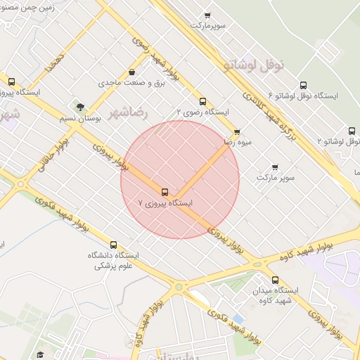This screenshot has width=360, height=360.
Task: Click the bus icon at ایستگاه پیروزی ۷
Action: [165, 192]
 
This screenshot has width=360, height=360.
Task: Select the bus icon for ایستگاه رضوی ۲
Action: [203, 101]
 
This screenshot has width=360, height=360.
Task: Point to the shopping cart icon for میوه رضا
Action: [237, 131]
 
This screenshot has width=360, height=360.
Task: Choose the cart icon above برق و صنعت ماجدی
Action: [133, 72]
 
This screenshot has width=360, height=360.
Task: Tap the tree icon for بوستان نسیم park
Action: [80, 108]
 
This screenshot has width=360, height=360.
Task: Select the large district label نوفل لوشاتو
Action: [255, 65]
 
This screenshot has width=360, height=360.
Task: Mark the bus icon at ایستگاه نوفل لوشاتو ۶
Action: [303, 84]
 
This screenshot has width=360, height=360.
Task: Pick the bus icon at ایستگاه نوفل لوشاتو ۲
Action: [352, 131]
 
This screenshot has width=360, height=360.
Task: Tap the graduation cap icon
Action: [40, 354]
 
